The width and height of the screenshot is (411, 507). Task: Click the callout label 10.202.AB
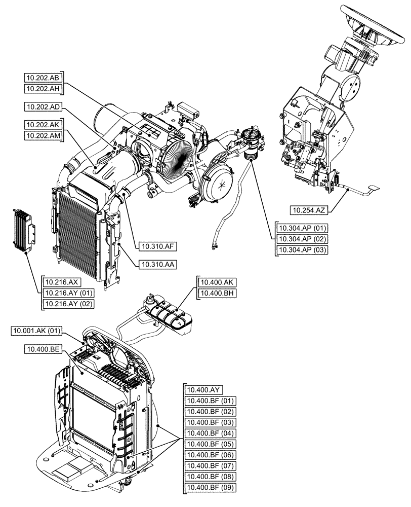42,78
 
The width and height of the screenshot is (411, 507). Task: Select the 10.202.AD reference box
42,107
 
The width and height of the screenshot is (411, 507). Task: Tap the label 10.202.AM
42,135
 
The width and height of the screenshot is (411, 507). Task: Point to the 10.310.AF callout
157,247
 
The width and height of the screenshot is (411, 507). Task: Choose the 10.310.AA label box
157,264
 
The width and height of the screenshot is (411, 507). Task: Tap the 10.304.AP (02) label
301,239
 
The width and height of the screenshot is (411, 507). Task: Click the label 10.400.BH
217,293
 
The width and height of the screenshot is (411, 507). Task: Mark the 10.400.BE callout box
42,349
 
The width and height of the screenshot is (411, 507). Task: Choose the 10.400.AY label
203,390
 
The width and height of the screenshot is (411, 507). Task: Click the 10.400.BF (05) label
210,444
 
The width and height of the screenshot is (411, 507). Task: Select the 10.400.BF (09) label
210,487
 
